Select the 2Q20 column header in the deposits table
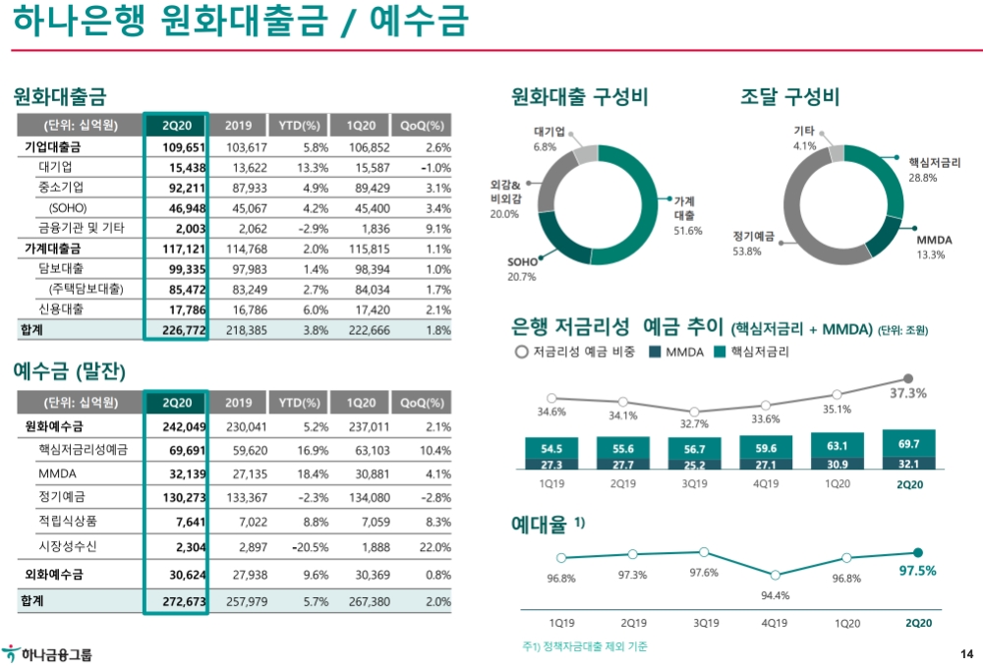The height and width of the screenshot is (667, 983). [177, 403]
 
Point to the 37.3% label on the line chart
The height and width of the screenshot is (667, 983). [908, 393]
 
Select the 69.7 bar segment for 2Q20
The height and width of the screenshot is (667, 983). [908, 445]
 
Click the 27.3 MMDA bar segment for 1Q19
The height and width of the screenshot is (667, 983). [551, 465]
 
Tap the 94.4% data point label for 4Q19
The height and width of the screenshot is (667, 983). [775, 595]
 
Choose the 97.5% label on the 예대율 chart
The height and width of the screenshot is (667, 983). [918, 571]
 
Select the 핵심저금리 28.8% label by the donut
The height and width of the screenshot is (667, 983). [934, 170]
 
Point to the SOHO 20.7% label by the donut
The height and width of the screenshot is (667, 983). [522, 269]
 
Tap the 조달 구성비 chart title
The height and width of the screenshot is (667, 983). [789, 97]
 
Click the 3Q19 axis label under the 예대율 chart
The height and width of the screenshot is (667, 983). [705, 623]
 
